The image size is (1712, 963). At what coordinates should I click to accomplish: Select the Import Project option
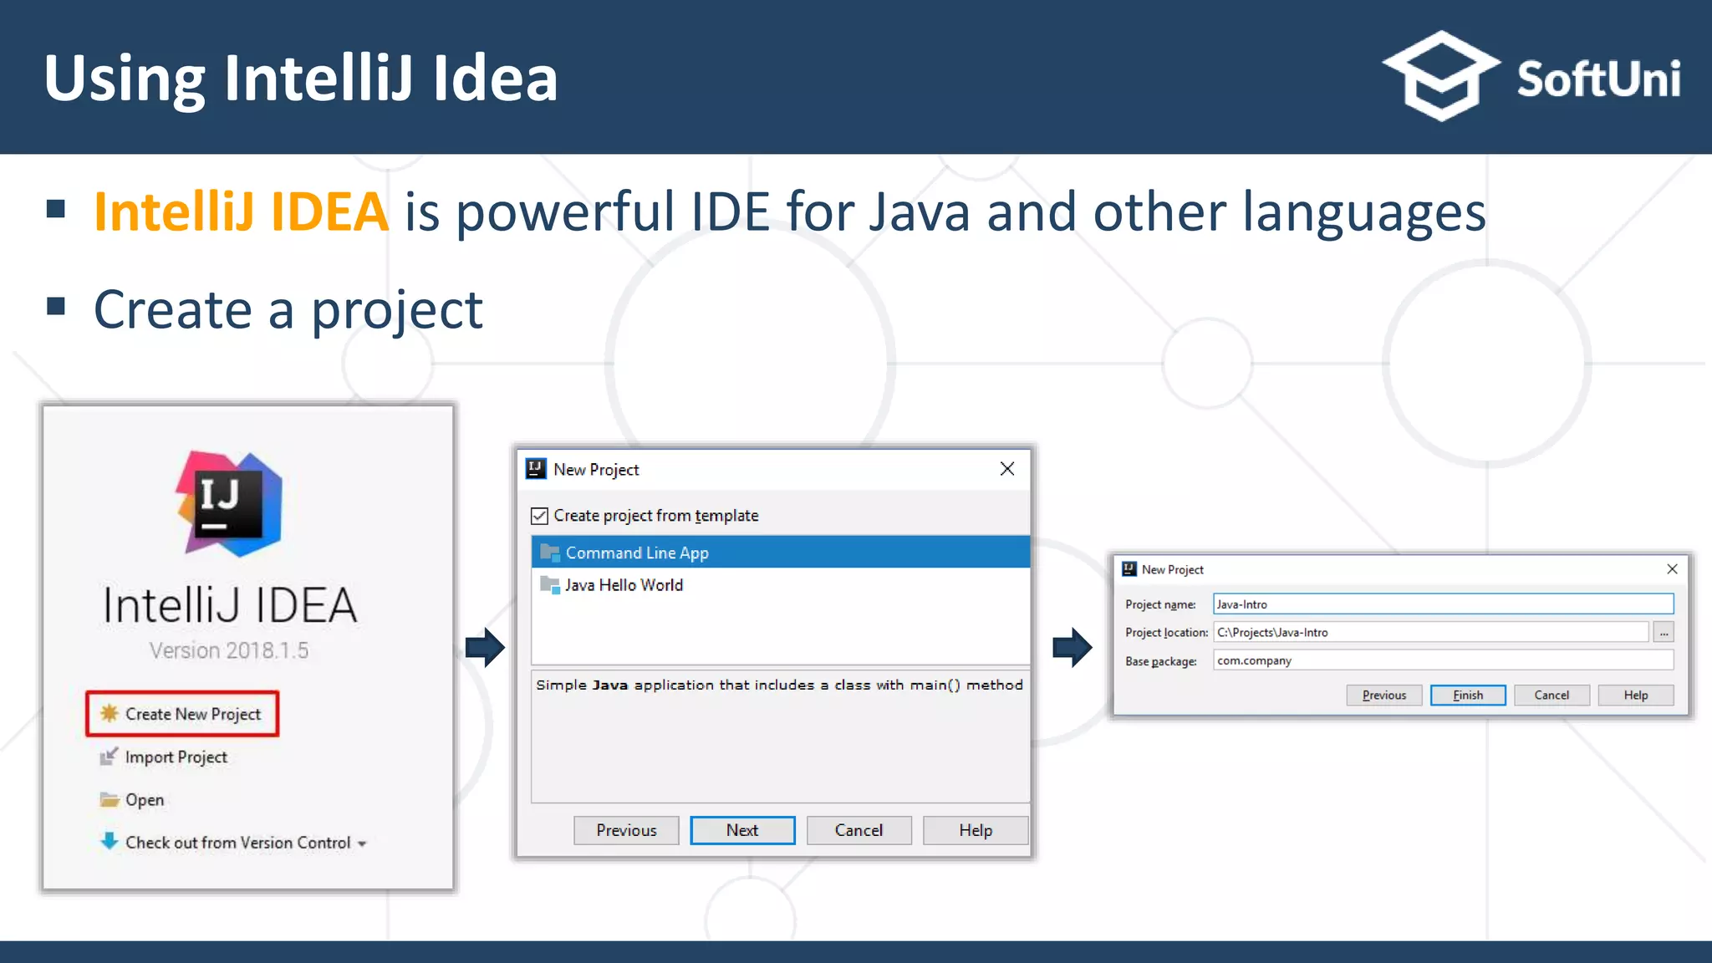click(x=176, y=757)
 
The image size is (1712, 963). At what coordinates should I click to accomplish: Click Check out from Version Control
click(x=237, y=843)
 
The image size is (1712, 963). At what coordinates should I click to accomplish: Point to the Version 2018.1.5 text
click(x=229, y=650)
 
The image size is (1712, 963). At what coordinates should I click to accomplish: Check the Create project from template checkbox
click(x=540, y=516)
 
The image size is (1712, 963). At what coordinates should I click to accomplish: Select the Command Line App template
click(x=637, y=553)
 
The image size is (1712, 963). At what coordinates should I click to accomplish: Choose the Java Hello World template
click(x=624, y=585)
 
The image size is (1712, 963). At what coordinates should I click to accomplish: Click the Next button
click(x=742, y=830)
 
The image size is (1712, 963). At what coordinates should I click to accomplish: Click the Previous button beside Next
click(x=626, y=830)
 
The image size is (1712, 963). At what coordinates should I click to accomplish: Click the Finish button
click(x=1468, y=695)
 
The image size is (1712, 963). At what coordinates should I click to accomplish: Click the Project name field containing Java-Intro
click(x=1443, y=604)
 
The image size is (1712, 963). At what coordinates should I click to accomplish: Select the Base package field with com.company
click(x=1443, y=660)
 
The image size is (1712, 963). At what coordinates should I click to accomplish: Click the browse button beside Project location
click(x=1664, y=633)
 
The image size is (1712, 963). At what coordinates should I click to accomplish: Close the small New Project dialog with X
click(x=1672, y=569)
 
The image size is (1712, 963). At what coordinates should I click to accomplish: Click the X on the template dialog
click(x=1007, y=469)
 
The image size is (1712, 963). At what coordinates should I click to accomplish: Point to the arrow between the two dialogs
click(x=1073, y=647)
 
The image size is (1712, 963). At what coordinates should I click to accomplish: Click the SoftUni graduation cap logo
click(x=1441, y=75)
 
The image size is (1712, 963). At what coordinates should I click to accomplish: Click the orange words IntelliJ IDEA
click(x=241, y=211)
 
